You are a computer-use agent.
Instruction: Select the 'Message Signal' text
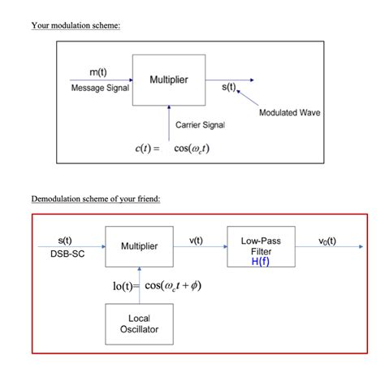100,88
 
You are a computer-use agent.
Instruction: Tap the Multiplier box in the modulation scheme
168,80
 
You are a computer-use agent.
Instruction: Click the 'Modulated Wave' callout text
290,113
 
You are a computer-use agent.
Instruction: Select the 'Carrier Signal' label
200,124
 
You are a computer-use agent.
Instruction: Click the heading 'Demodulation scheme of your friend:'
96,199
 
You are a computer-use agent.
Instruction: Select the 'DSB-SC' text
65,254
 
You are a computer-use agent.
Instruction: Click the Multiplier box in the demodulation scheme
140,246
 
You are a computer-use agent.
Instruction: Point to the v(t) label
196,241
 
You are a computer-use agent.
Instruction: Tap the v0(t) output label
328,241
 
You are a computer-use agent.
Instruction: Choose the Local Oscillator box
140,323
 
